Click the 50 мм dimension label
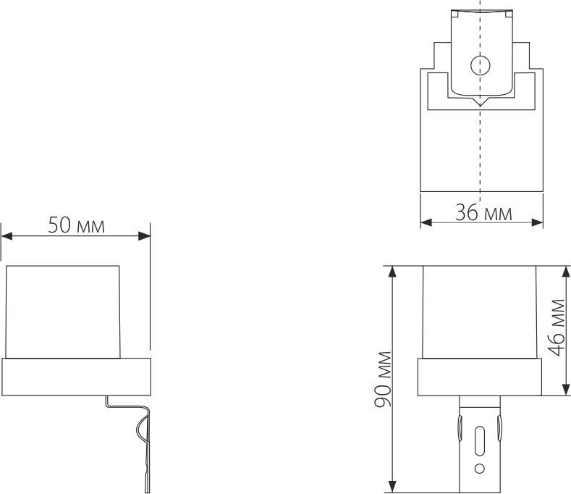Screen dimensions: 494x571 (x=76, y=225)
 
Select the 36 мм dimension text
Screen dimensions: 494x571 (x=483, y=213)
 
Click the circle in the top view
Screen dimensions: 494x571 (x=479, y=66)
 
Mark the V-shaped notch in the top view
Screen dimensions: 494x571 (x=479, y=104)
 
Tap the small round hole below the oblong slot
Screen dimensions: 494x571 (x=479, y=469)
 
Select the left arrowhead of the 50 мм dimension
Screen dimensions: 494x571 (x=7, y=235)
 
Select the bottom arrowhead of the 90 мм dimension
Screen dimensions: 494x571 (x=393, y=486)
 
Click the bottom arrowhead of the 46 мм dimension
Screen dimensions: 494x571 (x=564, y=390)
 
